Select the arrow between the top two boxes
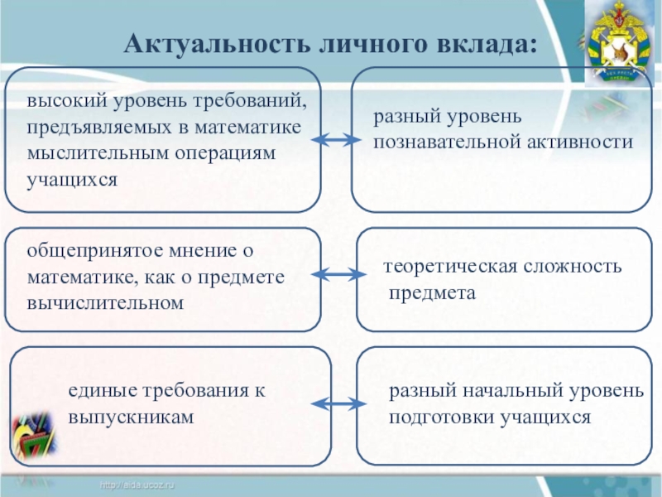337,143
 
